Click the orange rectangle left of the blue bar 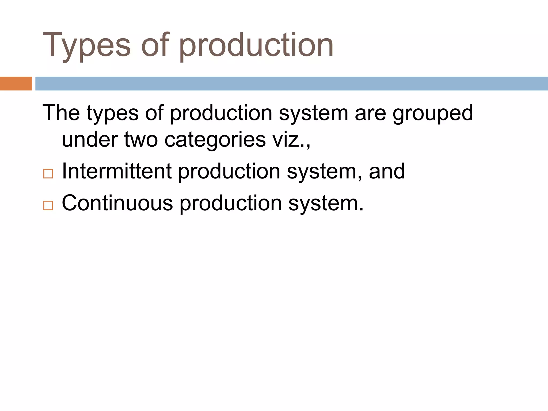coord(16,83)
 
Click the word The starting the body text coord(61,113)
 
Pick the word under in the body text coord(90,139)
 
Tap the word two coord(141,139)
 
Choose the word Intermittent coord(117,171)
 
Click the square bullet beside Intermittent coord(48,174)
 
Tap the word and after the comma coord(387,171)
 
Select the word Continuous coord(117,203)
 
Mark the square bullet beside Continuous coord(48,205)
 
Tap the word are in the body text coord(370,113)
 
